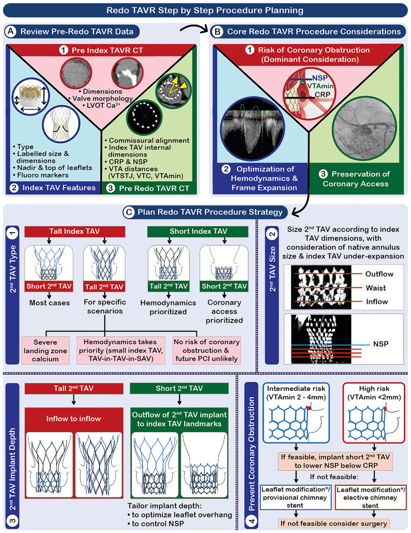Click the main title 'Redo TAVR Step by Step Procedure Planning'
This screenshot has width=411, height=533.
click(205, 10)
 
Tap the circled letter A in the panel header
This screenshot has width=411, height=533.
click(11, 32)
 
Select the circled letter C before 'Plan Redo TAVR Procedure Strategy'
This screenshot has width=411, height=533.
click(129, 213)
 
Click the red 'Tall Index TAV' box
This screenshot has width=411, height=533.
click(75, 232)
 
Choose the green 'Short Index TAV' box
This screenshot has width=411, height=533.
click(198, 232)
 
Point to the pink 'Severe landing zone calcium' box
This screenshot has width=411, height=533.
click(45, 350)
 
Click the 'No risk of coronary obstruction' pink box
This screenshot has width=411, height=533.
click(206, 350)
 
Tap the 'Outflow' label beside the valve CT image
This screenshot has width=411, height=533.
click(379, 274)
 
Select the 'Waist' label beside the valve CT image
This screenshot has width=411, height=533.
click(376, 288)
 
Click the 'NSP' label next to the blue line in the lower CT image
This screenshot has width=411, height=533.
click(381, 344)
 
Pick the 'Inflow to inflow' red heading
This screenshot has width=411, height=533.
click(73, 419)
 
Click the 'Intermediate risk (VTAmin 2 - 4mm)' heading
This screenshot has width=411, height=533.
click(296, 393)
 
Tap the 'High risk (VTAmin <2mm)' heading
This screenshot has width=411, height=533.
click(374, 393)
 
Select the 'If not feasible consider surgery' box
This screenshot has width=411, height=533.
click(334, 523)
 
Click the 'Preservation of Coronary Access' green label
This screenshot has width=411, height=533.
click(356, 179)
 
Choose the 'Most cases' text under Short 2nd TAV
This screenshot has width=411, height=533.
click(49, 303)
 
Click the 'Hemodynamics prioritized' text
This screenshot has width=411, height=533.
click(168, 307)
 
